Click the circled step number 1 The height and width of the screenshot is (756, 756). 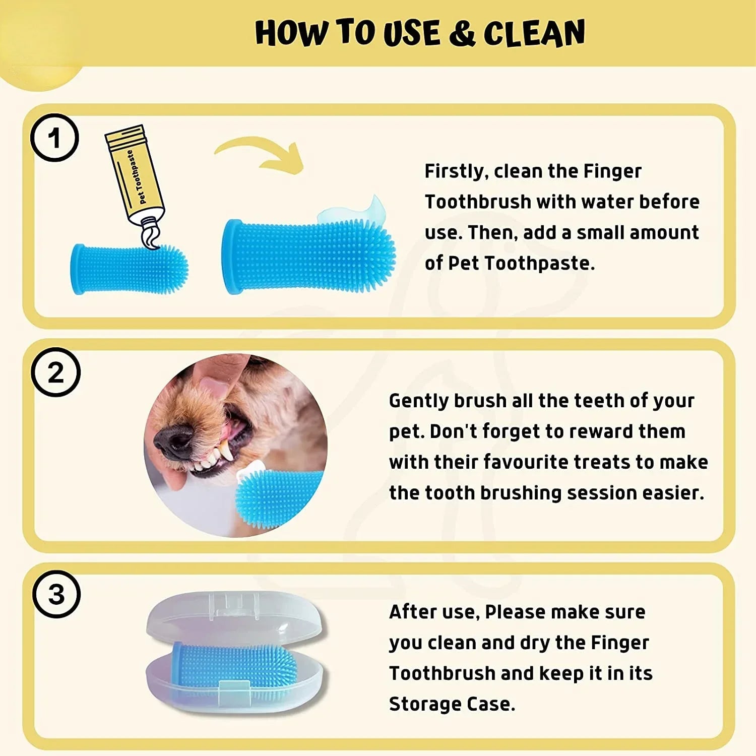(x=54, y=138)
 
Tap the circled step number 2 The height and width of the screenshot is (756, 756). (x=55, y=372)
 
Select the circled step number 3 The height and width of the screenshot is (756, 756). (x=56, y=594)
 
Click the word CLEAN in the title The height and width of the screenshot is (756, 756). (x=534, y=33)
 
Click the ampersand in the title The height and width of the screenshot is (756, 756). (x=461, y=33)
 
